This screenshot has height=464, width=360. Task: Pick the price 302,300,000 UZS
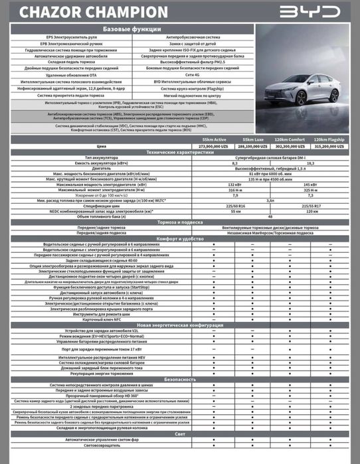[x=292, y=145]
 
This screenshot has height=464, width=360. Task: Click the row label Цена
[x=102, y=145]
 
